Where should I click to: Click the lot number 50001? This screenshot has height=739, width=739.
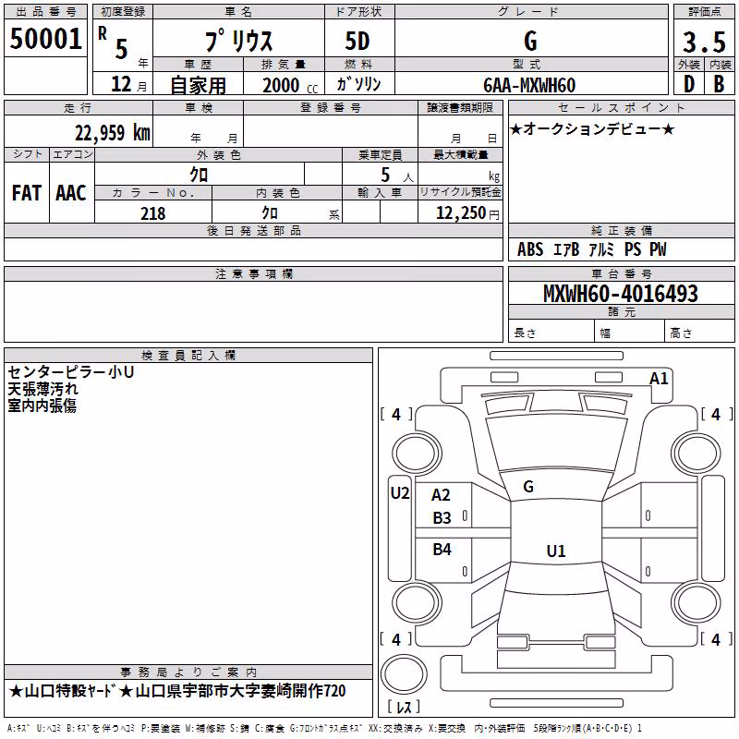[45, 39]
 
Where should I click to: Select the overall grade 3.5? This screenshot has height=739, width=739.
[704, 42]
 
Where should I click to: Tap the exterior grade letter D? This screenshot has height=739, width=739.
[689, 84]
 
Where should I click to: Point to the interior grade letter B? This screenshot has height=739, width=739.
[719, 84]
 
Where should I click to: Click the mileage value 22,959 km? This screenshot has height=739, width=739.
[112, 133]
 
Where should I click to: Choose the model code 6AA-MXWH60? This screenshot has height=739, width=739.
[529, 85]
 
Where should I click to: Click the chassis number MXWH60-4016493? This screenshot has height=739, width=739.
[620, 294]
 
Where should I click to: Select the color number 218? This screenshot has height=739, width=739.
[152, 213]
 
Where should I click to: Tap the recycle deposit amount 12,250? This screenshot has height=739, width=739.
[461, 213]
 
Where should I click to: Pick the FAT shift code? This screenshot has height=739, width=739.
[27, 193]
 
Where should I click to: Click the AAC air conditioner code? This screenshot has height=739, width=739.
[71, 193]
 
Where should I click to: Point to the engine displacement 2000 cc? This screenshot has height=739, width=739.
[290, 86]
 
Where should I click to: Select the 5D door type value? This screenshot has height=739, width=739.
[357, 42]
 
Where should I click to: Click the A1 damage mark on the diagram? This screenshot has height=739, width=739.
[659, 379]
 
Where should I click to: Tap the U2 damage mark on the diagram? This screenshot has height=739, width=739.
[400, 493]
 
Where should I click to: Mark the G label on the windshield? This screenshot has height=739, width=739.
[528, 487]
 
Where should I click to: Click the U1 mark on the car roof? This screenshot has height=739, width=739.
[556, 551]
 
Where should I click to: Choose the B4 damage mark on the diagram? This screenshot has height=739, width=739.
[442, 549]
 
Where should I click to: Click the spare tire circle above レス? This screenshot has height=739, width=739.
[404, 674]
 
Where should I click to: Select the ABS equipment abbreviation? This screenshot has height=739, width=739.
[530, 249]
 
